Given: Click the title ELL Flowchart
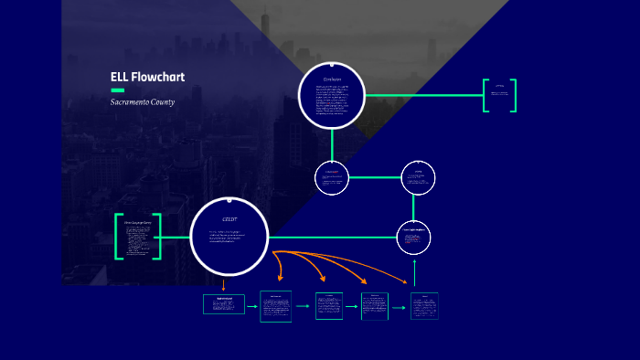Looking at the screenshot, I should click(147, 77).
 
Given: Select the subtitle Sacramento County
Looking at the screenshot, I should click(143, 101).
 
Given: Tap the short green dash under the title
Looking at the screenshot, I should click(117, 90).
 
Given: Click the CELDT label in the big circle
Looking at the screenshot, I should click(229, 220).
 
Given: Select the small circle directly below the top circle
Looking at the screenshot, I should click(332, 177).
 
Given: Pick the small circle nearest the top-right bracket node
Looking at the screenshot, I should click(418, 177).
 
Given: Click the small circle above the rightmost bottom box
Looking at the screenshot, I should click(413, 239).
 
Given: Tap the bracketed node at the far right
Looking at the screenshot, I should click(499, 95).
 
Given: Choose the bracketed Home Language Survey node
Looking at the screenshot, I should click(138, 237).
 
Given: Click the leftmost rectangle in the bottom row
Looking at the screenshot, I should click(223, 304).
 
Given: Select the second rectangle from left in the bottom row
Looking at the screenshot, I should click(275, 306).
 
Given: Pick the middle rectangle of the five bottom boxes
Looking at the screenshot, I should click(329, 306).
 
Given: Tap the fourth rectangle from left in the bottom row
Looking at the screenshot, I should click(374, 306).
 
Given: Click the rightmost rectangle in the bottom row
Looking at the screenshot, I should click(424, 306).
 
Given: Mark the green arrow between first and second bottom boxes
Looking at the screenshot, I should click(251, 306).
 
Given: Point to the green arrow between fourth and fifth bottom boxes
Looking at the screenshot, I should click(399, 307).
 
